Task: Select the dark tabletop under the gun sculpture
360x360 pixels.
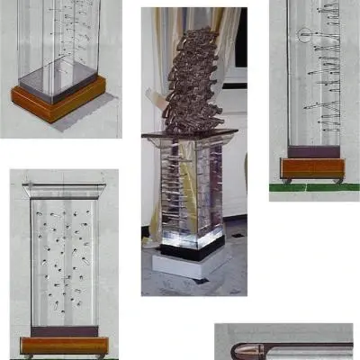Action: (x=189, y=135)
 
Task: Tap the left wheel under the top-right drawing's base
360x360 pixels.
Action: (x=286, y=180)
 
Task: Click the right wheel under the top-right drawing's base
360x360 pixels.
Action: (x=338, y=180)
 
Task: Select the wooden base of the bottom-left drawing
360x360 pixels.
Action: (x=65, y=346)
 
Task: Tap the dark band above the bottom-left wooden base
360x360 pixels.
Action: (x=65, y=331)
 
